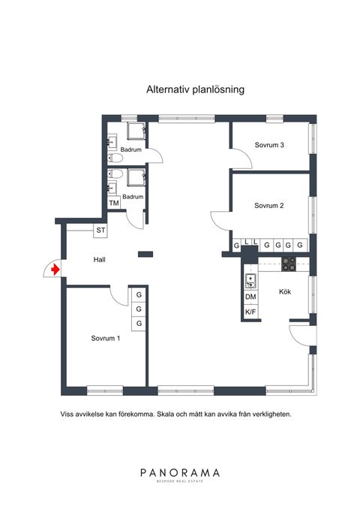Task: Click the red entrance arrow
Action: (x=55, y=270)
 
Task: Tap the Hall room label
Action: (x=100, y=260)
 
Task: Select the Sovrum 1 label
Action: (x=106, y=338)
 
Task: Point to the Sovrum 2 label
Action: (x=269, y=206)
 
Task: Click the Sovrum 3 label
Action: (x=269, y=145)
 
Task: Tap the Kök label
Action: (x=285, y=291)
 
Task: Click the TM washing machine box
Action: (x=114, y=203)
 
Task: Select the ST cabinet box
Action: (x=100, y=231)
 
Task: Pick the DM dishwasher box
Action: (x=250, y=297)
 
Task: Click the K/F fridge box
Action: (x=250, y=312)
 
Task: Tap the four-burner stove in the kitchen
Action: (x=289, y=264)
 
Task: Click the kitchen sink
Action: (x=250, y=281)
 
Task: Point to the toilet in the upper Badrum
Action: (x=115, y=158)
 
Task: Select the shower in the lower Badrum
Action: (x=136, y=177)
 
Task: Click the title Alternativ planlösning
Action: (x=195, y=89)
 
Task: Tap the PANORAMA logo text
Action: (x=180, y=472)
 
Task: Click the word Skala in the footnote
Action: (x=165, y=415)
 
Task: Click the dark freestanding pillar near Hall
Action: (x=145, y=255)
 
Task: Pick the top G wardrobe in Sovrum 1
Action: (x=139, y=294)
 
